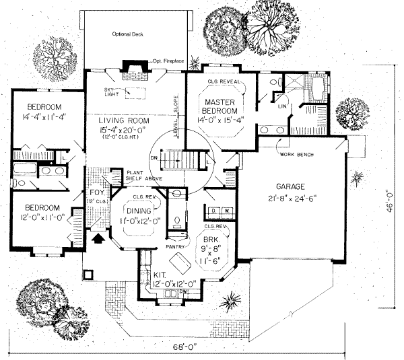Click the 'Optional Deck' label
click(127, 33)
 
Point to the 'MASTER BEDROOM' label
click(221, 106)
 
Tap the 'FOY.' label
click(97, 193)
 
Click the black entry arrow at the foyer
click(98, 236)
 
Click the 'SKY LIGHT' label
click(110, 92)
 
